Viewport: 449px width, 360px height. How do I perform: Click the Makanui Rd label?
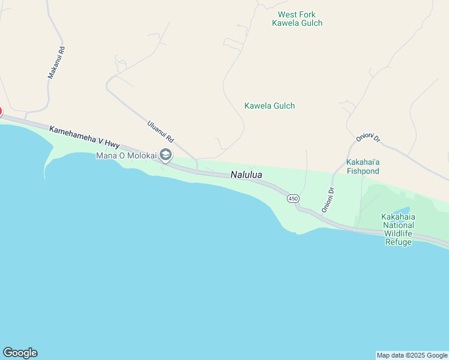pos(56,63)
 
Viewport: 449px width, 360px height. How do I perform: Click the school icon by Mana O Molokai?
pos(166,155)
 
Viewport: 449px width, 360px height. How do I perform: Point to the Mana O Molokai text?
pos(126,156)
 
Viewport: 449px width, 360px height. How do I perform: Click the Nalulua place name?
pos(246,175)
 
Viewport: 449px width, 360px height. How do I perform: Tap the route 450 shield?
pos(293,199)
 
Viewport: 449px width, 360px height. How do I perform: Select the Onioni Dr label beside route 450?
pos(328,200)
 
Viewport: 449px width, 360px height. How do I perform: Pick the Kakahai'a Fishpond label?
pos(363,167)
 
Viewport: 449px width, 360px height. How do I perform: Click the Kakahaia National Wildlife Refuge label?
pos(398,229)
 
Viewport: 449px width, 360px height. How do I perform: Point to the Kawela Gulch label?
pos(270,106)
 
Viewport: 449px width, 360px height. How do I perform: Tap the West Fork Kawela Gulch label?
pos(297,19)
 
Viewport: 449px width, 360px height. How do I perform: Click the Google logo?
pos(20,353)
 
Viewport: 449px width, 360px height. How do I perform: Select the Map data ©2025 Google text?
pos(412,355)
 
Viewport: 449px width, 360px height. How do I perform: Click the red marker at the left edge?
pos(1,112)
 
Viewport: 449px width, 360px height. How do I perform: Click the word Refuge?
pos(398,242)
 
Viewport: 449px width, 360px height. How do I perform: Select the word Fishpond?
pos(363,171)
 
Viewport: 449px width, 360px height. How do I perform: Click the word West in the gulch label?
pos(287,14)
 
